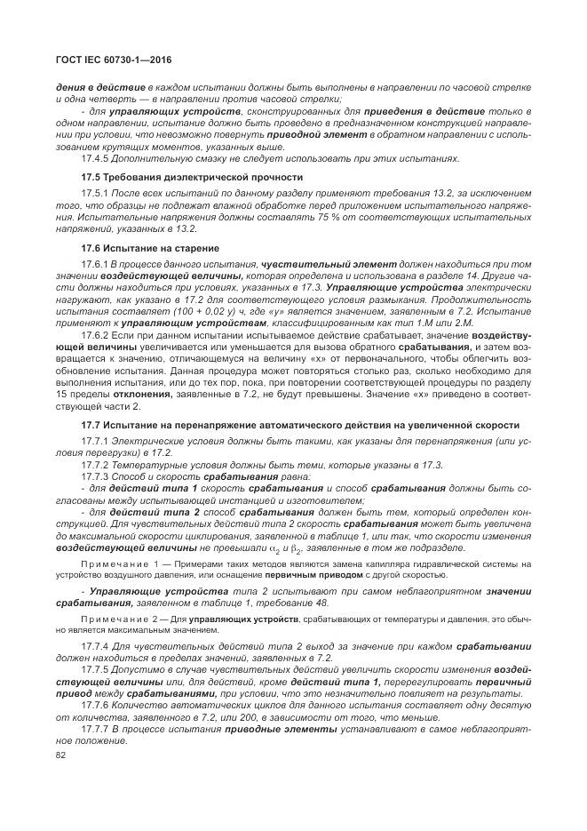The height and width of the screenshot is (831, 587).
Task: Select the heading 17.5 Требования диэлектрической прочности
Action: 192,177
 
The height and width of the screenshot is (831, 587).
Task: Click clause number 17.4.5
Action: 96,158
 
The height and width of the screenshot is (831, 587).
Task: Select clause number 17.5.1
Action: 96,193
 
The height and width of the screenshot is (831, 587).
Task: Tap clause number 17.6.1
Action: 96,265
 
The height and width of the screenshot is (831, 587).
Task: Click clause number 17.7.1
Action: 96,441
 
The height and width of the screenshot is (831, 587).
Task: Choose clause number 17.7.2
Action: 96,465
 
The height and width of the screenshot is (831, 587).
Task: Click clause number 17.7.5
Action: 96,667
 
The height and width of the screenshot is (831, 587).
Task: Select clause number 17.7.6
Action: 96,702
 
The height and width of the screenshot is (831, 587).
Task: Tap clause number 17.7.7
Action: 96,727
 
